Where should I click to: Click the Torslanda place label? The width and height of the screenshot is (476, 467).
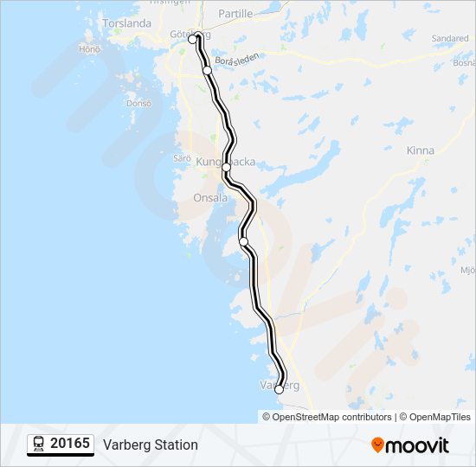(x=126, y=23)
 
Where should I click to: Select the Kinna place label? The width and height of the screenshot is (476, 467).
(x=420, y=150)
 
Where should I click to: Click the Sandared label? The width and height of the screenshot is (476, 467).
(x=450, y=39)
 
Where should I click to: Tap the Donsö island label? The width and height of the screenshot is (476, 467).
(x=138, y=103)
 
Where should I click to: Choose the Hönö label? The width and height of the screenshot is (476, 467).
(x=90, y=49)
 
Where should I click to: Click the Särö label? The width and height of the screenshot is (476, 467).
(x=181, y=158)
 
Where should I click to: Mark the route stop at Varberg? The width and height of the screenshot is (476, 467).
(x=279, y=390)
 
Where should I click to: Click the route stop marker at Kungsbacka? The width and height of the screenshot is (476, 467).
(x=227, y=167)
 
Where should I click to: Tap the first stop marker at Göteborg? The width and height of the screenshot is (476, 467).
(x=193, y=39)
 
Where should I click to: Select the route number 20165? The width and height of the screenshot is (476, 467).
(x=70, y=444)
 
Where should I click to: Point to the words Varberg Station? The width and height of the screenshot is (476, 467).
(x=151, y=445)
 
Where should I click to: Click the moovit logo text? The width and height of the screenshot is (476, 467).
(x=418, y=445)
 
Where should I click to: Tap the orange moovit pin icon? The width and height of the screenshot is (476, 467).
(x=378, y=445)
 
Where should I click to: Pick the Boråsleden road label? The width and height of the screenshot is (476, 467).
(x=237, y=62)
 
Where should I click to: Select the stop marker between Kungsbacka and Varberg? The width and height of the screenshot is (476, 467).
(x=244, y=241)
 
